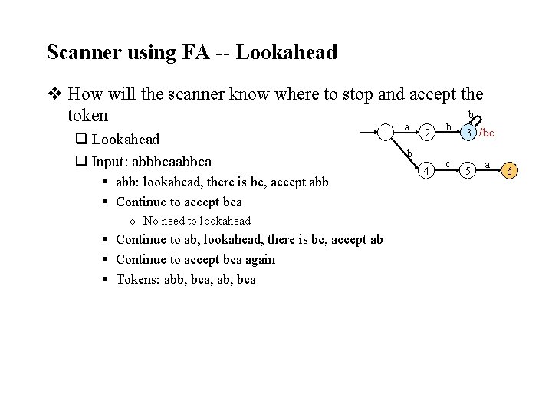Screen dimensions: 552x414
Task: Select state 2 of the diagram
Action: (430, 134)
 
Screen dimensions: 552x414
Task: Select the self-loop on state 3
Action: (475, 120)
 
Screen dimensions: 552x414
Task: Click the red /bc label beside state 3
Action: (487, 133)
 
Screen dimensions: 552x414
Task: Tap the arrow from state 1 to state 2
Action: (409, 132)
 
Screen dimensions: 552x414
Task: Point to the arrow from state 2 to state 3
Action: (449, 132)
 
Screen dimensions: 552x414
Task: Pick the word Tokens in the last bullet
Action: (136, 279)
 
